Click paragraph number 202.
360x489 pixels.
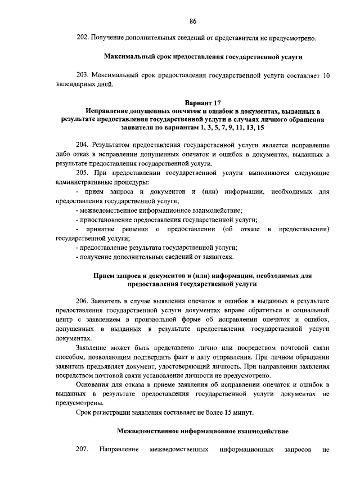82,38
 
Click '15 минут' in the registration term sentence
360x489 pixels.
240,412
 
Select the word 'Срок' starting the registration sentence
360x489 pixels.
83,412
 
